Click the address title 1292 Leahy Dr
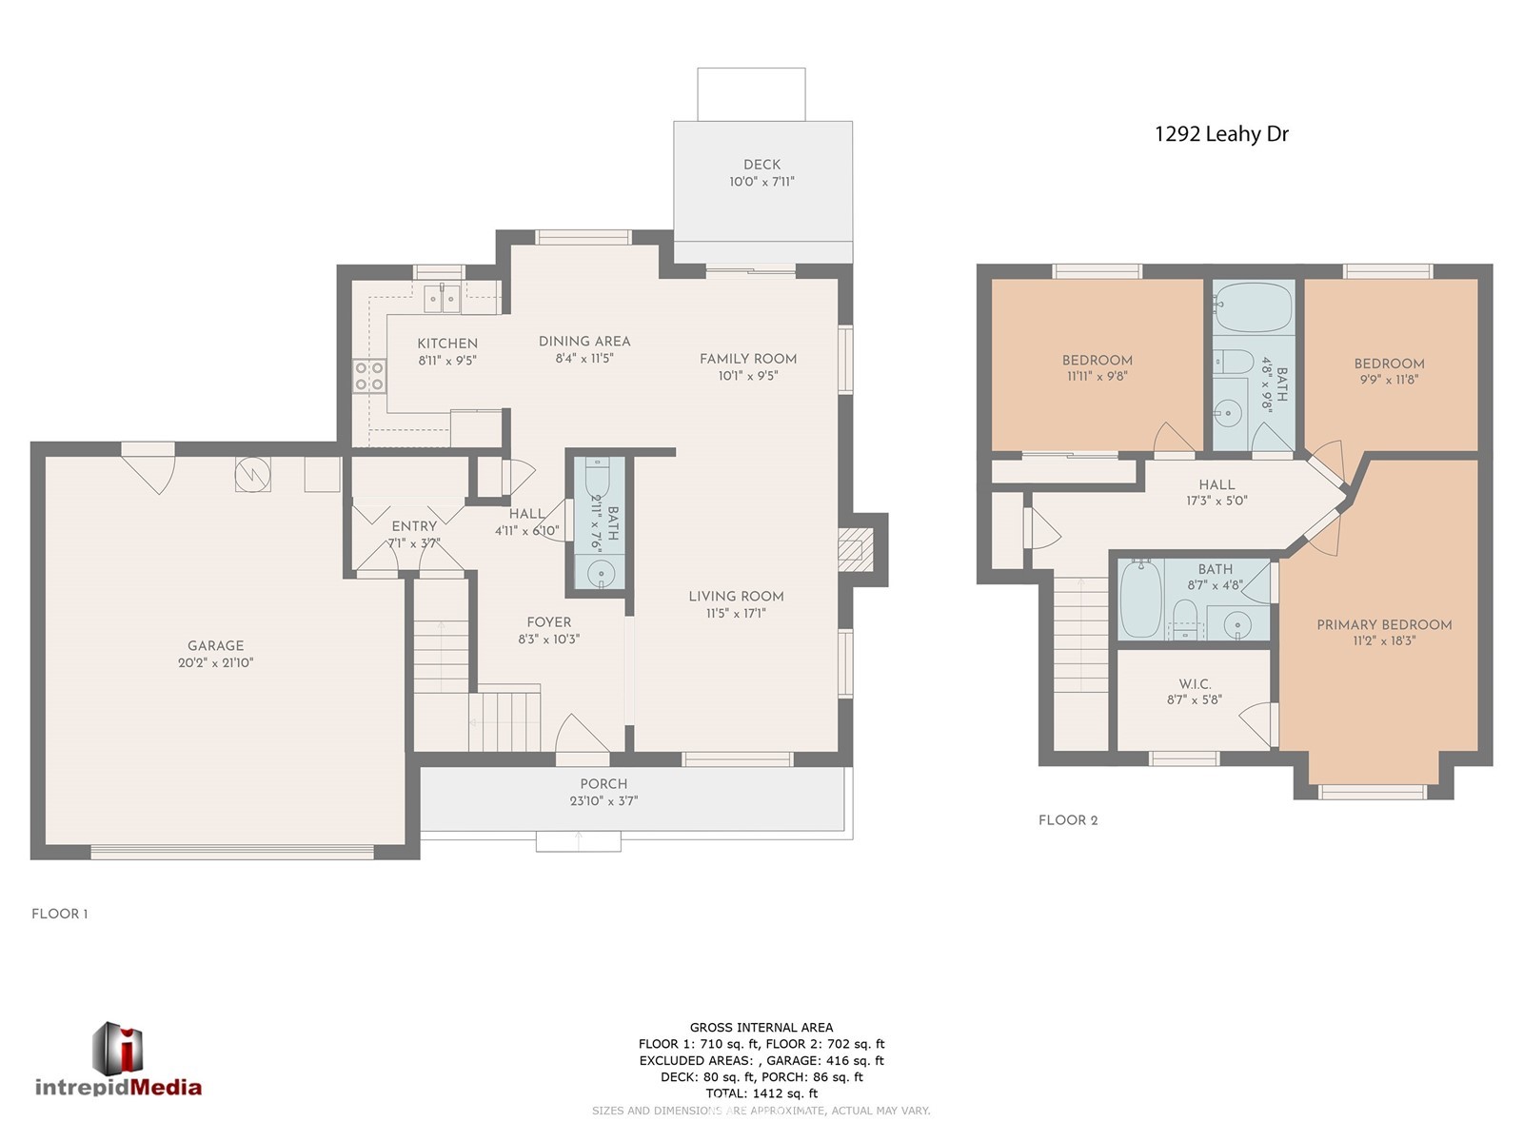click(x=1220, y=134)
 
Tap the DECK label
click(x=761, y=165)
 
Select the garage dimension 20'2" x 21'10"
click(x=215, y=662)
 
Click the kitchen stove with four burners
click(x=369, y=377)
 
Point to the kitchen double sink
click(x=442, y=299)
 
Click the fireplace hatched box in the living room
click(x=856, y=550)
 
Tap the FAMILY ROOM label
click(x=747, y=359)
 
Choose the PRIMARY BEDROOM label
click(x=1383, y=624)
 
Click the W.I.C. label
click(x=1194, y=683)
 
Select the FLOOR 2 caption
click(x=1068, y=820)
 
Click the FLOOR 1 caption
click(x=60, y=914)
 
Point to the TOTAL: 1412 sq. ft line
click(x=761, y=1093)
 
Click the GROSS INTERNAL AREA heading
click(x=761, y=1027)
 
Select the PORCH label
click(x=603, y=783)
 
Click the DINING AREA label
click(x=584, y=341)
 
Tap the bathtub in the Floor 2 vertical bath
click(x=1253, y=307)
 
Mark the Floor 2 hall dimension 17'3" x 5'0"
click(x=1216, y=501)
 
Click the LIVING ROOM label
click(x=736, y=597)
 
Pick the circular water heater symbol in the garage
click(x=252, y=474)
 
